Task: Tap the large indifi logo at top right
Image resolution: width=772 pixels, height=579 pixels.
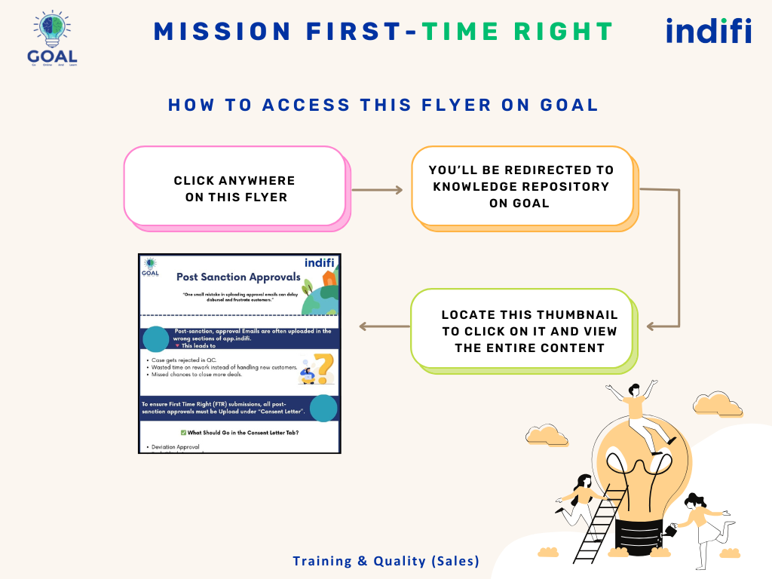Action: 708,32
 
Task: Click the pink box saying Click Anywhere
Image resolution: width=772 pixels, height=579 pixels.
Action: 234,187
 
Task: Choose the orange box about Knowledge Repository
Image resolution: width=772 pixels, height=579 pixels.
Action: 522,186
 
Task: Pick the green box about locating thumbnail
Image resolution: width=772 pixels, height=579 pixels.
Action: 522,330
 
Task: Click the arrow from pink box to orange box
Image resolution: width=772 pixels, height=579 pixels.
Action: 377,190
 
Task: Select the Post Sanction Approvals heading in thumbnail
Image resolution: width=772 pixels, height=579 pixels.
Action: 238,277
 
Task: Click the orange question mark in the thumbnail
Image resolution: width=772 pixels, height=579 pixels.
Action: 323,369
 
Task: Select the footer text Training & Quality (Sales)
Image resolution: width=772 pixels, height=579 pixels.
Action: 385,561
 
